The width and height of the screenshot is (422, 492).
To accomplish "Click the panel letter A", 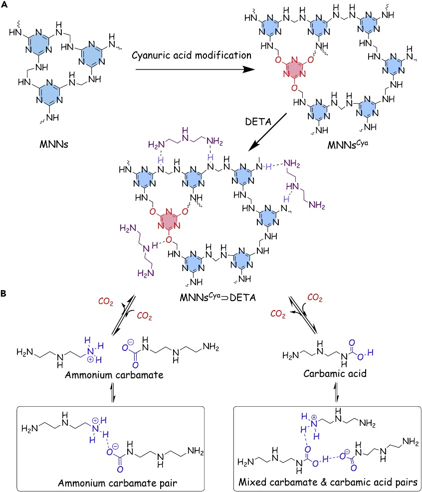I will point(5,5).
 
